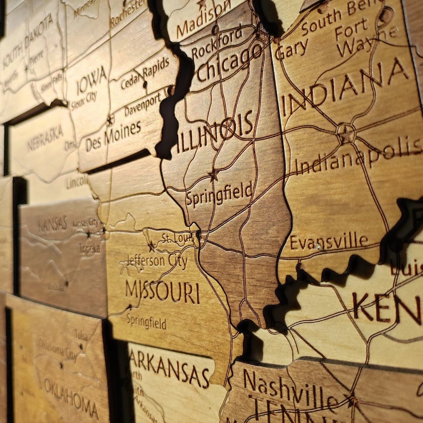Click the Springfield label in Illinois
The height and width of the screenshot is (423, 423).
click(219, 195)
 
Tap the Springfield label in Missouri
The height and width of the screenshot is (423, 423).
click(146, 321)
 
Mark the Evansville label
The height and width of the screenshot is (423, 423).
click(328, 242)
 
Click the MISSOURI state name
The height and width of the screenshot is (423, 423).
click(162, 291)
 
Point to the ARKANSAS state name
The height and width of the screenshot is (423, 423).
click(169, 365)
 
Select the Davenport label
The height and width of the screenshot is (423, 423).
click(142, 105)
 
